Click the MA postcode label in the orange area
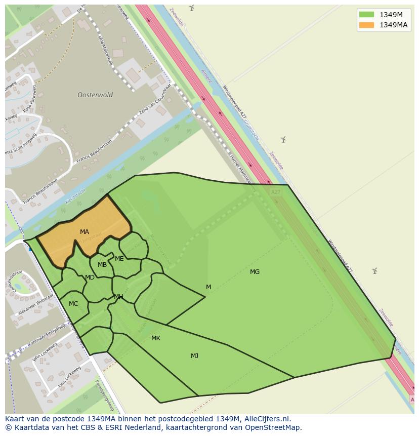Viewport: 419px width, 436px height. pyautogui.click(x=85, y=232)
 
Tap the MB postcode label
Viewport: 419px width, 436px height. pyautogui.click(x=102, y=265)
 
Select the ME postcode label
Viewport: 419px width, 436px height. pyautogui.click(x=119, y=259)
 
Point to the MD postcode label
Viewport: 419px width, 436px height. pyautogui.click(x=90, y=278)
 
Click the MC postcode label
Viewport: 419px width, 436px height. pyautogui.click(x=73, y=304)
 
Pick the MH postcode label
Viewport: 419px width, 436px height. pyautogui.click(x=118, y=297)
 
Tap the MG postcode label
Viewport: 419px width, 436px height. pyautogui.click(x=255, y=272)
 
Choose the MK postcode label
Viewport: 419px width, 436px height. pyautogui.click(x=156, y=338)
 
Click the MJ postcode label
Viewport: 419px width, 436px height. pyautogui.click(x=194, y=356)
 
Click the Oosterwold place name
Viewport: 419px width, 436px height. pyautogui.click(x=95, y=95)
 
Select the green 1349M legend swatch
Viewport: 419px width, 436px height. pyautogui.click(x=366, y=15)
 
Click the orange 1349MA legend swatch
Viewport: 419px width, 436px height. pyautogui.click(x=366, y=25)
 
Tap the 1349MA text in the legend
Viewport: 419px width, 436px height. pyautogui.click(x=393, y=25)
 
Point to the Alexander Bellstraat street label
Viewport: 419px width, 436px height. pyautogui.click(x=35, y=305)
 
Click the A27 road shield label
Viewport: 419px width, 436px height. pyautogui.click(x=275, y=192)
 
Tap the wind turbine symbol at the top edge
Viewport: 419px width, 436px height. pyautogui.click(x=191, y=7)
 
